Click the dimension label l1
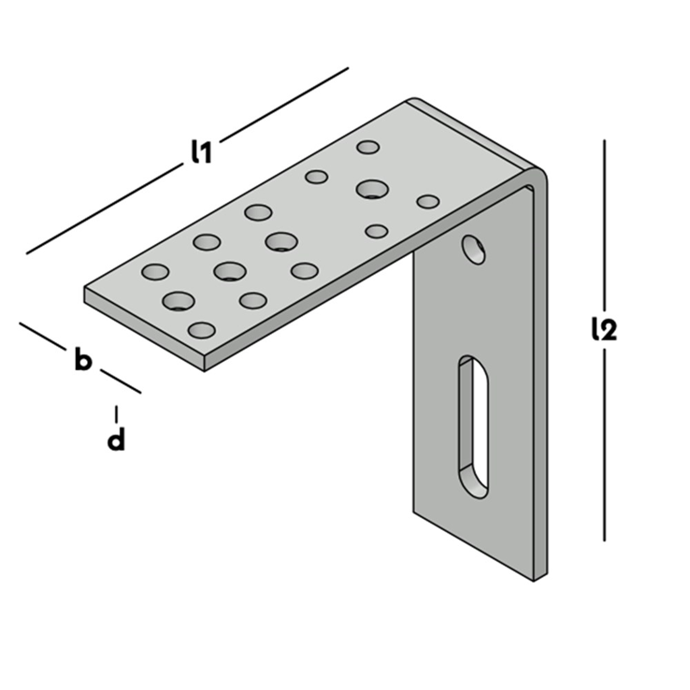tap(200, 151)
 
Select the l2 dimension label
tap(605, 329)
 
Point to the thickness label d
tap(116, 440)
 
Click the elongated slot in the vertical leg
tap(472, 425)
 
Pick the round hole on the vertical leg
tap(474, 249)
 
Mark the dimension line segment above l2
tap(604, 224)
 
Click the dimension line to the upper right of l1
tap(284, 101)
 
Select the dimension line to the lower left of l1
tap(103, 213)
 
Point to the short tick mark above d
tap(116, 413)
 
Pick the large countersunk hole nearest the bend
tap(372, 189)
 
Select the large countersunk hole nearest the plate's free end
tap(179, 301)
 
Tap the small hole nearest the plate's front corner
tap(201, 329)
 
